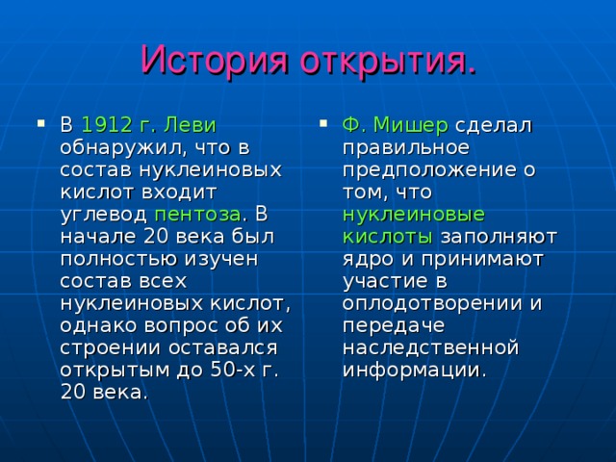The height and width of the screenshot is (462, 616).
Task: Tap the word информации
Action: (x=414, y=369)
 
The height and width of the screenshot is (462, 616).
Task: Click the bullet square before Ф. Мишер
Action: (x=321, y=123)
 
